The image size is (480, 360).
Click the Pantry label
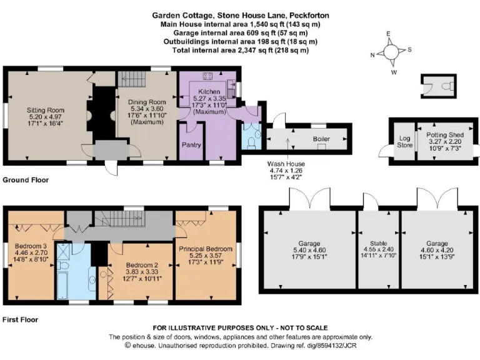(x=190, y=144)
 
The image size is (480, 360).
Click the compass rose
(x=392, y=52)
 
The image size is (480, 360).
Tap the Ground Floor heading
(x=26, y=180)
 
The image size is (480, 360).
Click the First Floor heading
(x=21, y=319)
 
